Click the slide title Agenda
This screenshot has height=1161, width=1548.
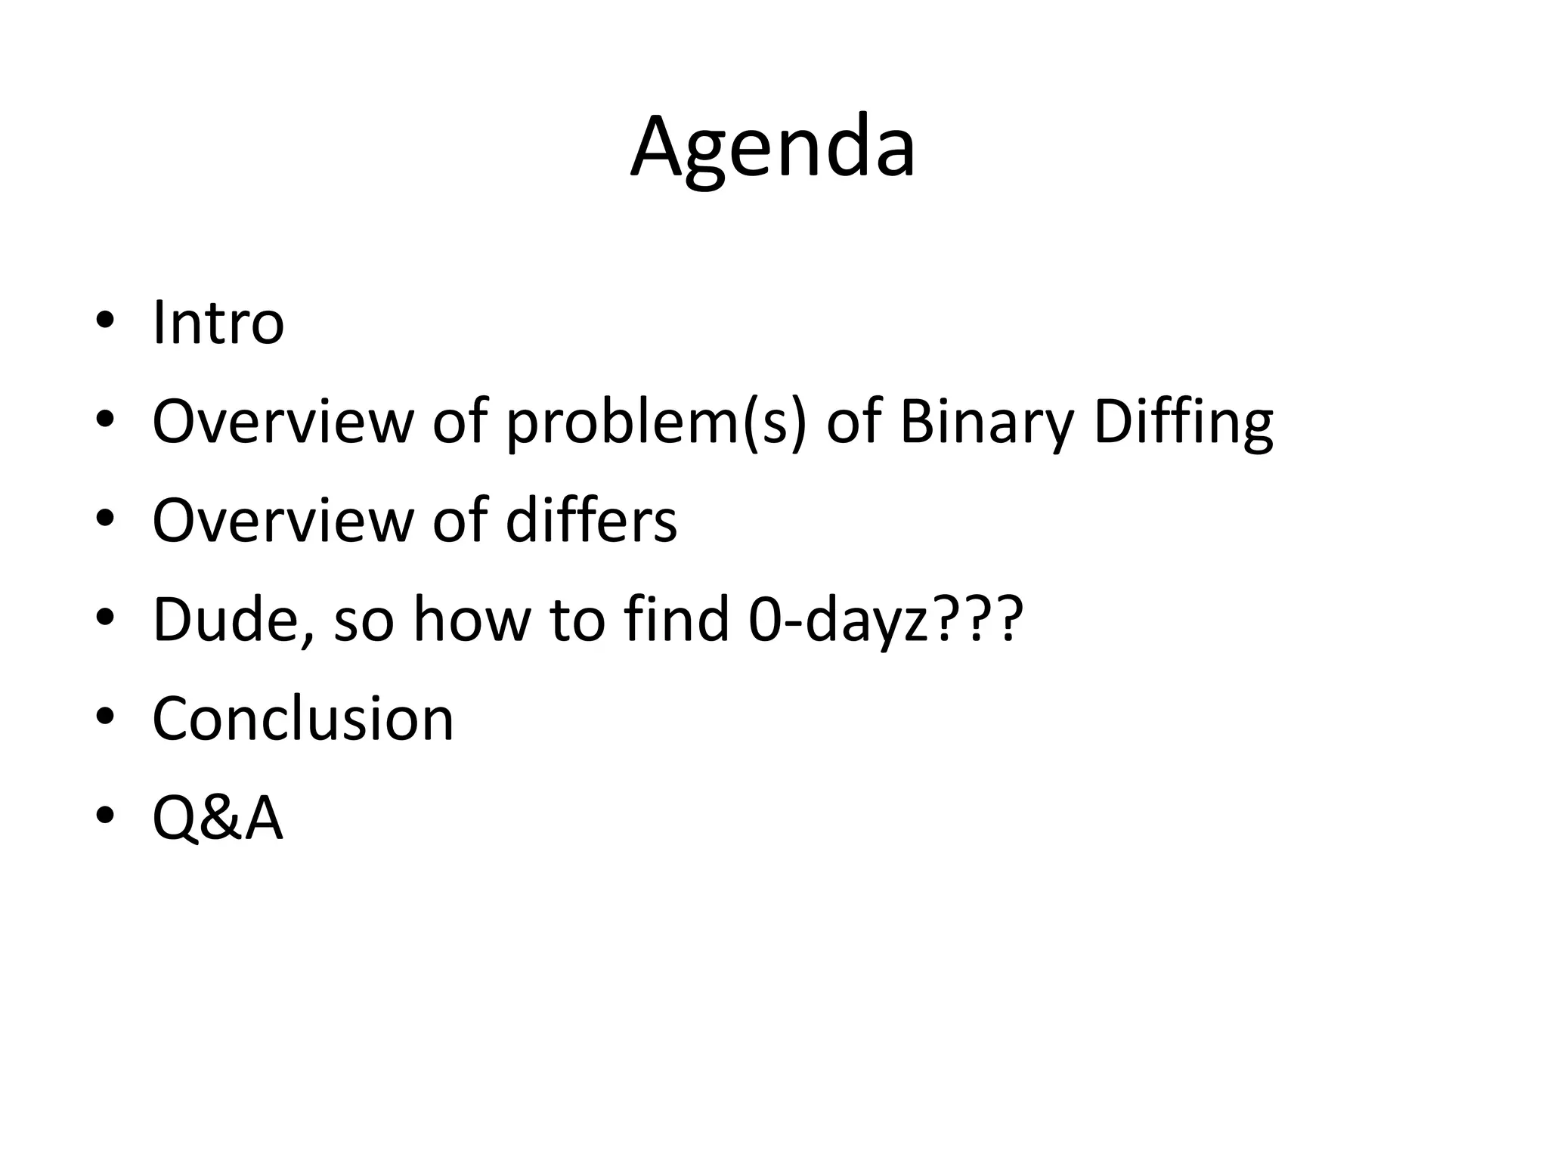772,147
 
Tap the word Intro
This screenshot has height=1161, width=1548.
218,324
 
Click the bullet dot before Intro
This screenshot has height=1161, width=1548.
104,321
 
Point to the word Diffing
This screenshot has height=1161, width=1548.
1183,422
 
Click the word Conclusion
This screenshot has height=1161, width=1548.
302,718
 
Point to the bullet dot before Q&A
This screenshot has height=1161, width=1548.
104,816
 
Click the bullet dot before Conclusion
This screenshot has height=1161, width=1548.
104,716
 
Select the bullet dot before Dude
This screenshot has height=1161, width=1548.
104,618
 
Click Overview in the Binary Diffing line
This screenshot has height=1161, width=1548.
283,422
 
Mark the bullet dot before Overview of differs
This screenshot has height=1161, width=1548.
104,519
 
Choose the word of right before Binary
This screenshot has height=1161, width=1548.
853,421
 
